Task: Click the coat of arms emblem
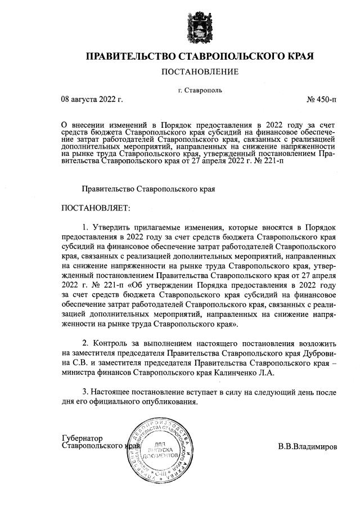pyautogui.click(x=200, y=27)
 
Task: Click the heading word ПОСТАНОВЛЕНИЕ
pyautogui.click(x=200, y=71)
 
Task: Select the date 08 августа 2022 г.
pyautogui.click(x=92, y=100)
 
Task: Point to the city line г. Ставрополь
pyautogui.click(x=199, y=89)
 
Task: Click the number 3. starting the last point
pyautogui.click(x=85, y=392)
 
